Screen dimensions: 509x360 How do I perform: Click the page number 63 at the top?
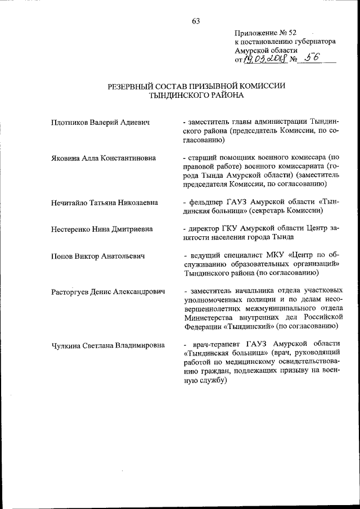point(196,21)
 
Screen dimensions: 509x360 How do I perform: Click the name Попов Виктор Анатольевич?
point(98,256)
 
